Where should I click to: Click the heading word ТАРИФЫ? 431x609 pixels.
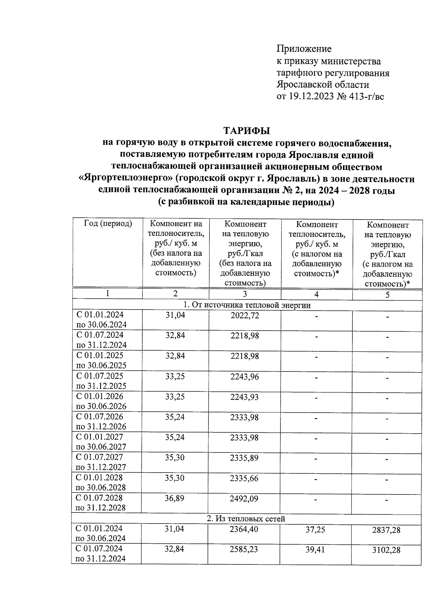(x=247, y=130)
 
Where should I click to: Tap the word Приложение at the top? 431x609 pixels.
(x=304, y=48)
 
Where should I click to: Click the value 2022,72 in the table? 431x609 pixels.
(x=244, y=315)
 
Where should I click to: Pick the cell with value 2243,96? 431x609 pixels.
(x=244, y=377)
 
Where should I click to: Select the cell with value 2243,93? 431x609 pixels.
(x=244, y=397)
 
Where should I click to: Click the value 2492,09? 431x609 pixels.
(x=244, y=499)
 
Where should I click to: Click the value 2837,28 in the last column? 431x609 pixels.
(x=386, y=530)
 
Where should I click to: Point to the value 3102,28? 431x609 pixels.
(x=386, y=550)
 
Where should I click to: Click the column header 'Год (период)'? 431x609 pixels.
(x=108, y=224)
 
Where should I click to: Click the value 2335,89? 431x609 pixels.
(x=244, y=458)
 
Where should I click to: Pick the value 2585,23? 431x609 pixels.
(x=244, y=549)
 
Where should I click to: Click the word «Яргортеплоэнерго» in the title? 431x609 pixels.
(x=125, y=179)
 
